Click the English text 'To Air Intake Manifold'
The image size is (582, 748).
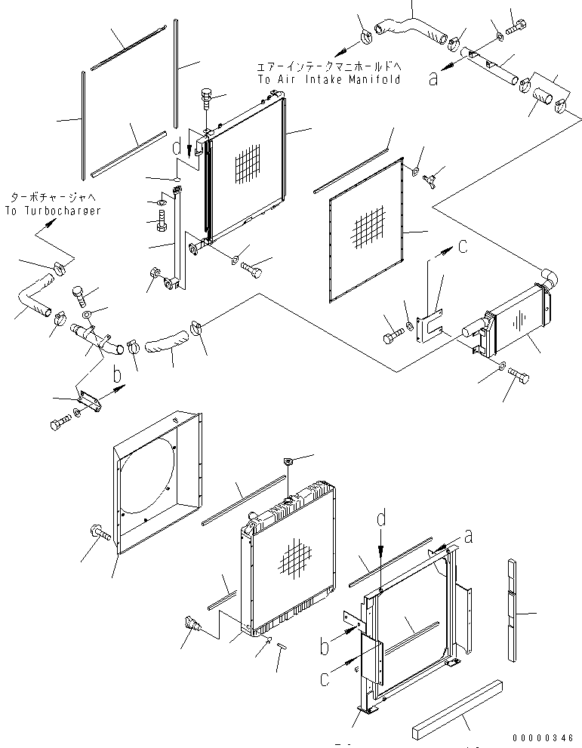[x=328, y=79]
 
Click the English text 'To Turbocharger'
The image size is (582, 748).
[x=53, y=211]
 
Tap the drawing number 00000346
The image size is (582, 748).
[x=543, y=738]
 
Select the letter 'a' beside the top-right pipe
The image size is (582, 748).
[x=433, y=78]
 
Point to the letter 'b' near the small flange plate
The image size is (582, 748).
[x=117, y=375]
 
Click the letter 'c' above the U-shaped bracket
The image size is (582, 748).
[x=463, y=246]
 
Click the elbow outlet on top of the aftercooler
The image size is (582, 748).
[x=550, y=279]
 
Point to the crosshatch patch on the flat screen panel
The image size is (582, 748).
[x=368, y=228]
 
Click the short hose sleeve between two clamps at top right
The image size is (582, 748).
[x=543, y=96]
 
